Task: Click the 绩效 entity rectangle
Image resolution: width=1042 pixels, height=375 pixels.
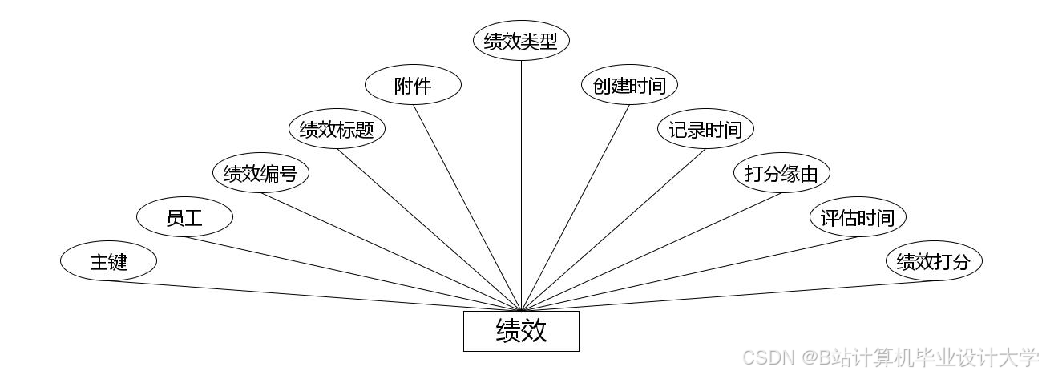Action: [x=521, y=331]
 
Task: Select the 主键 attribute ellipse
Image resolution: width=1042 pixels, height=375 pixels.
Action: [x=108, y=261]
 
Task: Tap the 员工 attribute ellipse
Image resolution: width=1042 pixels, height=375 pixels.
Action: [x=184, y=217]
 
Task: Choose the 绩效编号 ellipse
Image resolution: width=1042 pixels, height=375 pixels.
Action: [x=260, y=173]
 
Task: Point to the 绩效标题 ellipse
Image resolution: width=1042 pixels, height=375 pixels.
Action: [x=337, y=129]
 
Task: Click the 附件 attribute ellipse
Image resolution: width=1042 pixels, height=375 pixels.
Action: [x=413, y=85]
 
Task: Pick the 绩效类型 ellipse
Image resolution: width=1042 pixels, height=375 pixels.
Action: [x=521, y=41]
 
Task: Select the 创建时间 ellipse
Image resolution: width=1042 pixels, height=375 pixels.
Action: [x=629, y=85]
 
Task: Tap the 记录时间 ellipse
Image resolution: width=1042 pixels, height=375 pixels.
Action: [x=705, y=129]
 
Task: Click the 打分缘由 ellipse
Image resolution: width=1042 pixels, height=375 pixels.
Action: [x=781, y=173]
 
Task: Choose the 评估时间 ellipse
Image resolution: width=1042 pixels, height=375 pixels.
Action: [x=858, y=217]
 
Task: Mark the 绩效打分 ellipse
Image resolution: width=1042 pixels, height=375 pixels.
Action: [x=934, y=261]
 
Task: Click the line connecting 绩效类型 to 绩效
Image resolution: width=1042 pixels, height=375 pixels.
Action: [x=521, y=184]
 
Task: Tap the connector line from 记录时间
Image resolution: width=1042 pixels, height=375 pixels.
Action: [x=613, y=229]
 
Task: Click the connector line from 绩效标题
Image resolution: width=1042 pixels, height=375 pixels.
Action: [x=429, y=229]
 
